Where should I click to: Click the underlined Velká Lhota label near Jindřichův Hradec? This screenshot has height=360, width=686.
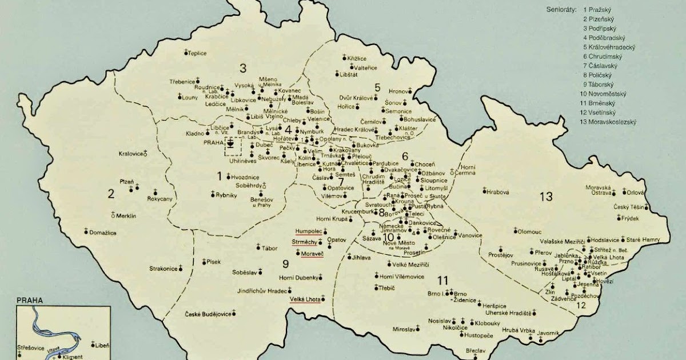click(304, 298)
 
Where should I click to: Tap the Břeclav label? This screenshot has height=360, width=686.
click(458, 351)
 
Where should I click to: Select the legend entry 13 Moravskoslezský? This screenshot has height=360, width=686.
click(609, 122)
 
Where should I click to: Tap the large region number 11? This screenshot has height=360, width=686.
click(442, 280)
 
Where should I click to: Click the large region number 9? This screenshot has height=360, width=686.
click(286, 263)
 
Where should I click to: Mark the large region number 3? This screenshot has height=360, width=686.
click(242, 69)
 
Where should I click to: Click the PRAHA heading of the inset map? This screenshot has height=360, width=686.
click(30, 300)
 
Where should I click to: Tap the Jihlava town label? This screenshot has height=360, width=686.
click(361, 258)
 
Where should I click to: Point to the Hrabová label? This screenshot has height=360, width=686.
click(497, 192)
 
